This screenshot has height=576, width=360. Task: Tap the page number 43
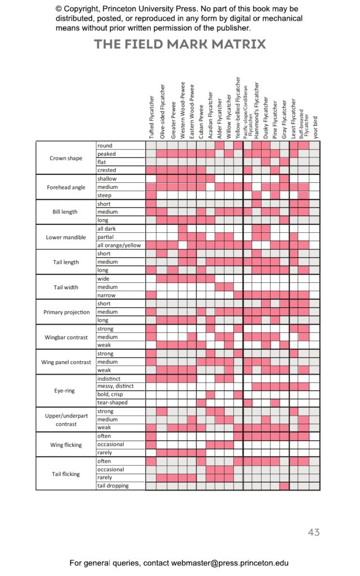point(314,532)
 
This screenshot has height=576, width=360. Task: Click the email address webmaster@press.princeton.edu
point(229,563)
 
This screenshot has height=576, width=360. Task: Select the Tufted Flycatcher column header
point(151,117)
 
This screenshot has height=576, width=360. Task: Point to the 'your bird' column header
point(315,128)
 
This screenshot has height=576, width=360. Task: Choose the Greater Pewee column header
point(173,120)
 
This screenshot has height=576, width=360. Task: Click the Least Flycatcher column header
point(293,119)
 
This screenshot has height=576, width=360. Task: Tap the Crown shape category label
point(66,158)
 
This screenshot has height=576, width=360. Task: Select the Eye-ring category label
point(64,390)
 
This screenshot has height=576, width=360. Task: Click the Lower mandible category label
point(66,237)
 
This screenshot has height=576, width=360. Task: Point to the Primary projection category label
point(66,312)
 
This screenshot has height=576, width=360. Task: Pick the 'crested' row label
point(106,170)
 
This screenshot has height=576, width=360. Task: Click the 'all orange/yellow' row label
point(119,245)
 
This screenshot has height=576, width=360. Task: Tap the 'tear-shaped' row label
point(112,403)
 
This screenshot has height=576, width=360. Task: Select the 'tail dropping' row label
point(112,485)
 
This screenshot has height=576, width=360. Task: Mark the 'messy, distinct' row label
point(115,386)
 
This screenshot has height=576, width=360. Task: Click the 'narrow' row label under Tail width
point(106,295)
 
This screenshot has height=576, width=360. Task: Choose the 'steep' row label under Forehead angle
point(104,195)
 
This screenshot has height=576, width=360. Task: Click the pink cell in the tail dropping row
point(284,485)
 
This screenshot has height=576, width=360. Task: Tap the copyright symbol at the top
point(58,9)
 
